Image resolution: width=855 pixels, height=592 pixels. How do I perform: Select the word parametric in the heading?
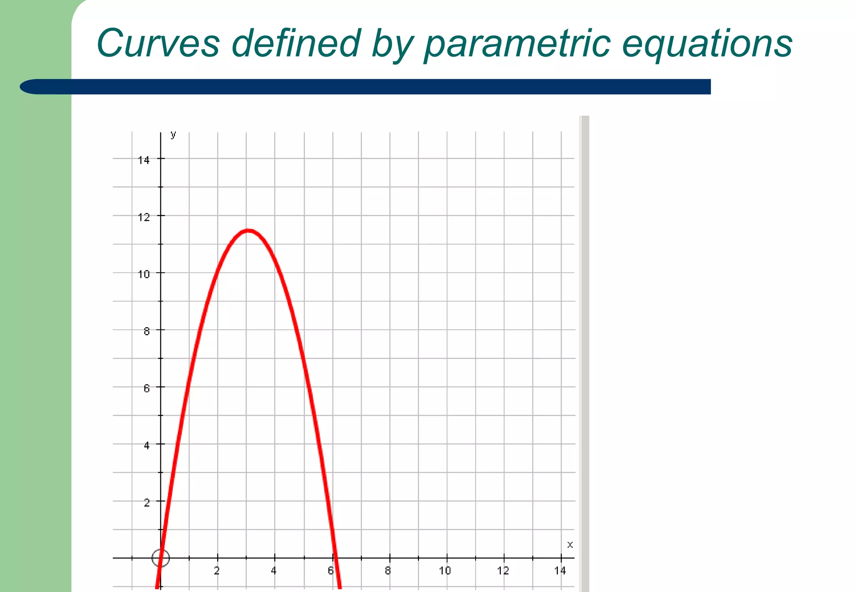click(517, 44)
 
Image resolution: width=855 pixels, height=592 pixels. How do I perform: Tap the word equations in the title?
click(707, 44)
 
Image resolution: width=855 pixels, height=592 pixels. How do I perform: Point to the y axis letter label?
click(173, 134)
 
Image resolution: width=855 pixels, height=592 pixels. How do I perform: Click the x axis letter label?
click(570, 544)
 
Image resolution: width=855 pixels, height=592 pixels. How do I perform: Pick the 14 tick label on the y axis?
click(144, 160)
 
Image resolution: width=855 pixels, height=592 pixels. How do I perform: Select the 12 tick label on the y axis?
click(144, 217)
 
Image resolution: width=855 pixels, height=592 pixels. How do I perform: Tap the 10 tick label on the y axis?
click(144, 274)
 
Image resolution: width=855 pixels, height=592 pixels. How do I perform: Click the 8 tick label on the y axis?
click(147, 331)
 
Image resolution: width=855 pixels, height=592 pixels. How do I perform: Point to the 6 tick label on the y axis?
click(147, 388)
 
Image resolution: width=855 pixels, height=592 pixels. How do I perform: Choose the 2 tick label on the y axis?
click(147, 503)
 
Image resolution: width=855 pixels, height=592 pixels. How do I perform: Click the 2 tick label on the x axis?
click(217, 571)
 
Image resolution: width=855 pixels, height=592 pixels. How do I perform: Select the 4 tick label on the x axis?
click(273, 571)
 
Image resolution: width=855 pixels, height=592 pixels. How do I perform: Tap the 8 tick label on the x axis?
click(388, 571)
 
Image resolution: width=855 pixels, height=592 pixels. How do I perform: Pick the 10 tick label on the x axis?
click(445, 571)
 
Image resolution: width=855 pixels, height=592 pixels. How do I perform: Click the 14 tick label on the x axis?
click(560, 571)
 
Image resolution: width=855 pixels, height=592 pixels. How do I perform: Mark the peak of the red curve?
click(248, 230)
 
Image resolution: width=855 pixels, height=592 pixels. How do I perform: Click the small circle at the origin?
click(161, 558)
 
